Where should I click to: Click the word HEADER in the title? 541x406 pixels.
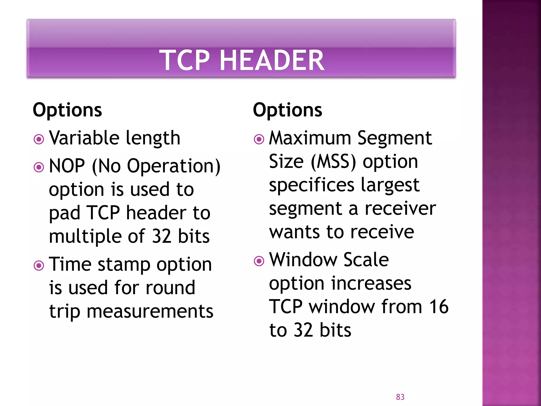pos(272,61)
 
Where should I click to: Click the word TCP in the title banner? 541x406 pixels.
pos(185,61)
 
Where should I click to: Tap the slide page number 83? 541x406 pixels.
pos(400,397)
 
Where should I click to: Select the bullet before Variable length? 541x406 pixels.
pos(39,139)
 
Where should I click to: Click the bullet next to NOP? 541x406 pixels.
pos(39,167)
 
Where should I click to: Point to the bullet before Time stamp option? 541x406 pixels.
pos(39,265)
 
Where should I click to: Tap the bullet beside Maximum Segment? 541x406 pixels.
pos(259,139)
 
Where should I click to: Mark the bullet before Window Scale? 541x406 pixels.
pos(259,261)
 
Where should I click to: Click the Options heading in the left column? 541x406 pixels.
pos(67,110)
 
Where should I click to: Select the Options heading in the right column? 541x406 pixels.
pos(287,110)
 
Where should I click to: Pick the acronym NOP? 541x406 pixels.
pos(67,166)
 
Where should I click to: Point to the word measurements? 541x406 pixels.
pos(150,311)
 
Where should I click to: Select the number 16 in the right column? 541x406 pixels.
pos(439,307)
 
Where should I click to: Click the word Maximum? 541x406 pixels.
pos(310,138)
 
